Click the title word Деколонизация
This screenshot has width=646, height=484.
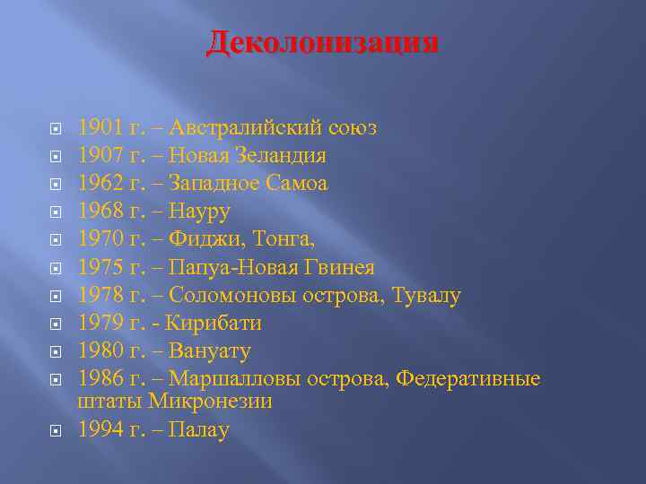[323, 41]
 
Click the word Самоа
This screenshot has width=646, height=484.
[296, 184]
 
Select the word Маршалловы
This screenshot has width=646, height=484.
[234, 378]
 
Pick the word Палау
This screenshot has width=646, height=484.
[199, 430]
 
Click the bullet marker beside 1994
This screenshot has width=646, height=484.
[56, 431]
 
